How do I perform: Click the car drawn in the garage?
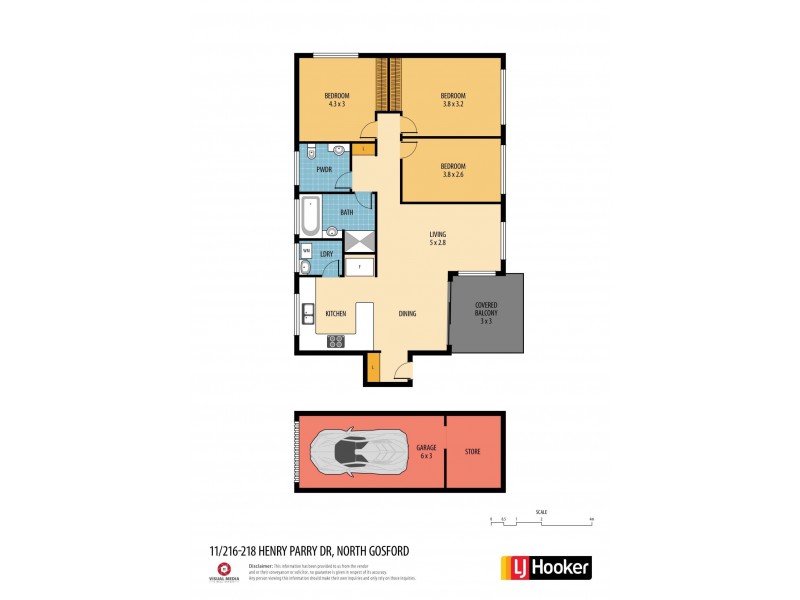click(x=359, y=451)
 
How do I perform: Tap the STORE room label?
click(x=472, y=452)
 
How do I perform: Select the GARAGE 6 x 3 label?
click(x=425, y=451)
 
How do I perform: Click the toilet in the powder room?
click(x=311, y=153)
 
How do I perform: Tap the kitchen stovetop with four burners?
click(x=336, y=340)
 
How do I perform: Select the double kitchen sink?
click(x=308, y=314)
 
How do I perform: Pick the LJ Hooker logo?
click(x=544, y=567)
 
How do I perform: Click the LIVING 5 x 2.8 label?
click(x=438, y=237)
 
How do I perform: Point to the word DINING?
click(x=407, y=314)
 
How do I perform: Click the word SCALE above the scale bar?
click(x=541, y=509)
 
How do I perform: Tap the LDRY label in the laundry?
click(x=326, y=254)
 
